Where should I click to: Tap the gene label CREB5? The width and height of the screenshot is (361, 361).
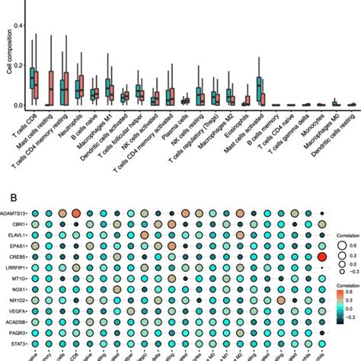[x=19, y=258]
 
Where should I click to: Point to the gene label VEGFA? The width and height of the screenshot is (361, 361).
[x=19, y=311]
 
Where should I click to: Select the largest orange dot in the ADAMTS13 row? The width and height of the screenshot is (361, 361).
[x=76, y=215]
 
